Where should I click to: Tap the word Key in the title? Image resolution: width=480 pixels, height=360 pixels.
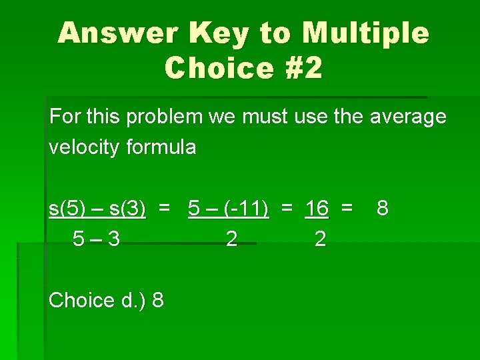[219, 33]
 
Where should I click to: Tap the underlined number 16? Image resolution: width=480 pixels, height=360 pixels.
[317, 209]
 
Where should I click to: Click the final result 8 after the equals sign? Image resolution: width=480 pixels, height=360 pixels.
[382, 209]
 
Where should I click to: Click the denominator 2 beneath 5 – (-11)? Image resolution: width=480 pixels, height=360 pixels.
[231, 239]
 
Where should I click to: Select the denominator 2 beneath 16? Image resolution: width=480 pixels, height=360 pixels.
[320, 239]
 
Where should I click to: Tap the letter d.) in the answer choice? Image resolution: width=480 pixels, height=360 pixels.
[133, 301]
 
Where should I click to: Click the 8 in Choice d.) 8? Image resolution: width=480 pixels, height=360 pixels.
[158, 301]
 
